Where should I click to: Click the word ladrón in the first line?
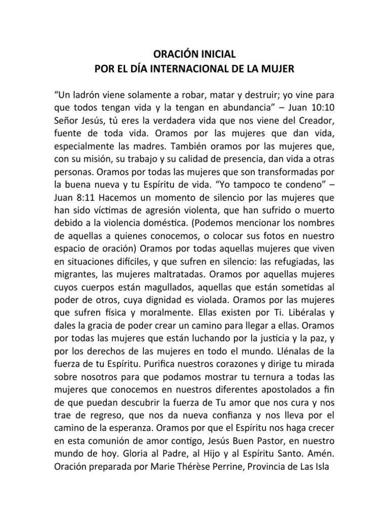point(91,95)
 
